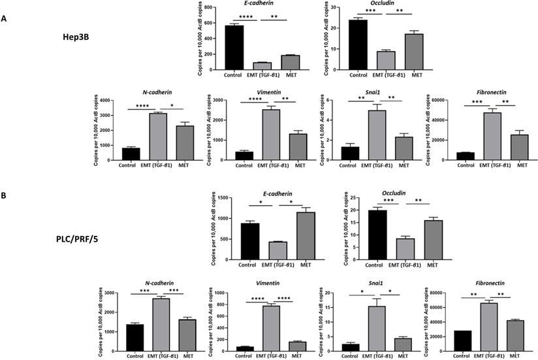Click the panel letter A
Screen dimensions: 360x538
[x=5, y=19]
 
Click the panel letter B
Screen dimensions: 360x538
[x=5, y=196]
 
